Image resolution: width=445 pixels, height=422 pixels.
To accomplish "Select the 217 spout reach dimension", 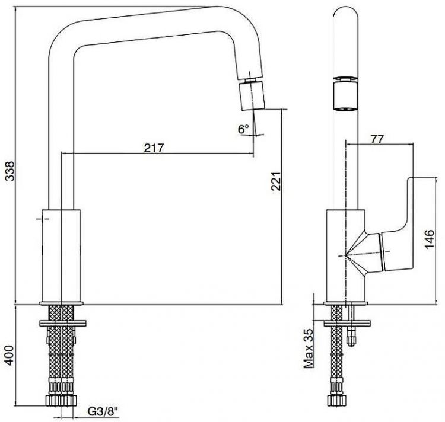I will pyautogui.click(x=154, y=146).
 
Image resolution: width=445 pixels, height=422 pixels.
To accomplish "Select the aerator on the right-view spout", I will pyautogui.click(x=347, y=95).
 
